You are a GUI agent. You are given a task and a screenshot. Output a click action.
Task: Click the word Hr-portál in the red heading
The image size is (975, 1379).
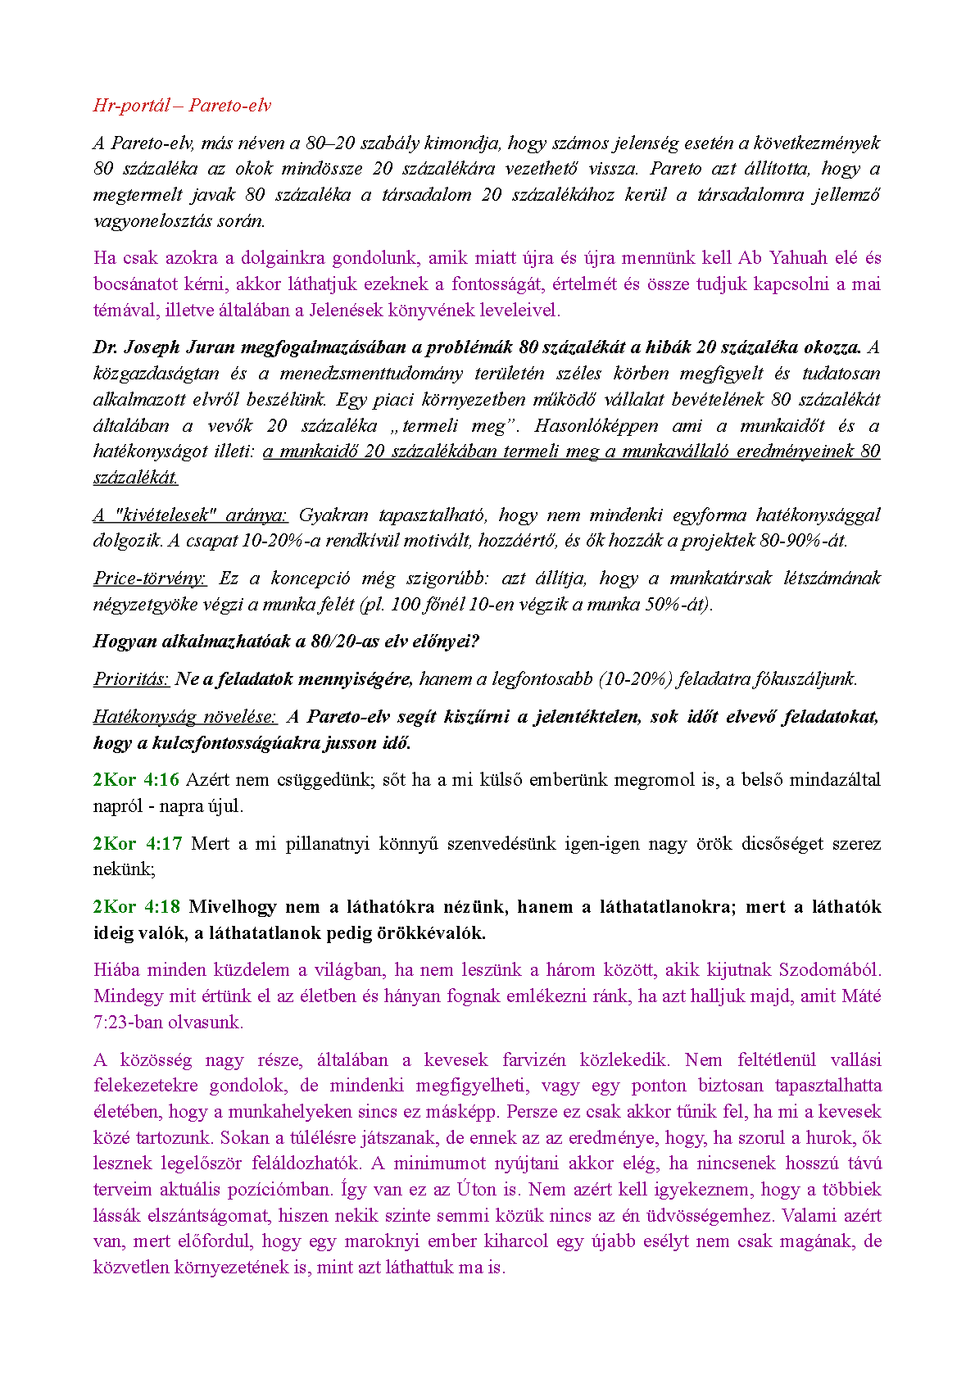132,105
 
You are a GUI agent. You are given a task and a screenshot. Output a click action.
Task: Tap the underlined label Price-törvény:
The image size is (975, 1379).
150,578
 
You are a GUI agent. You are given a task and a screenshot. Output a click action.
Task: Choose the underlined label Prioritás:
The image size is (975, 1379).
131,678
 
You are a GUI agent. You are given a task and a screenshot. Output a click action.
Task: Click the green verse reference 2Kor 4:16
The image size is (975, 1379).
136,779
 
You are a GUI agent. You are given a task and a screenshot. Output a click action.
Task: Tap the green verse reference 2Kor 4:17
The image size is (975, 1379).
136,843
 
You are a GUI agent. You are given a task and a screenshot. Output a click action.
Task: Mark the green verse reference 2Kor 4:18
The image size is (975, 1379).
136,906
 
